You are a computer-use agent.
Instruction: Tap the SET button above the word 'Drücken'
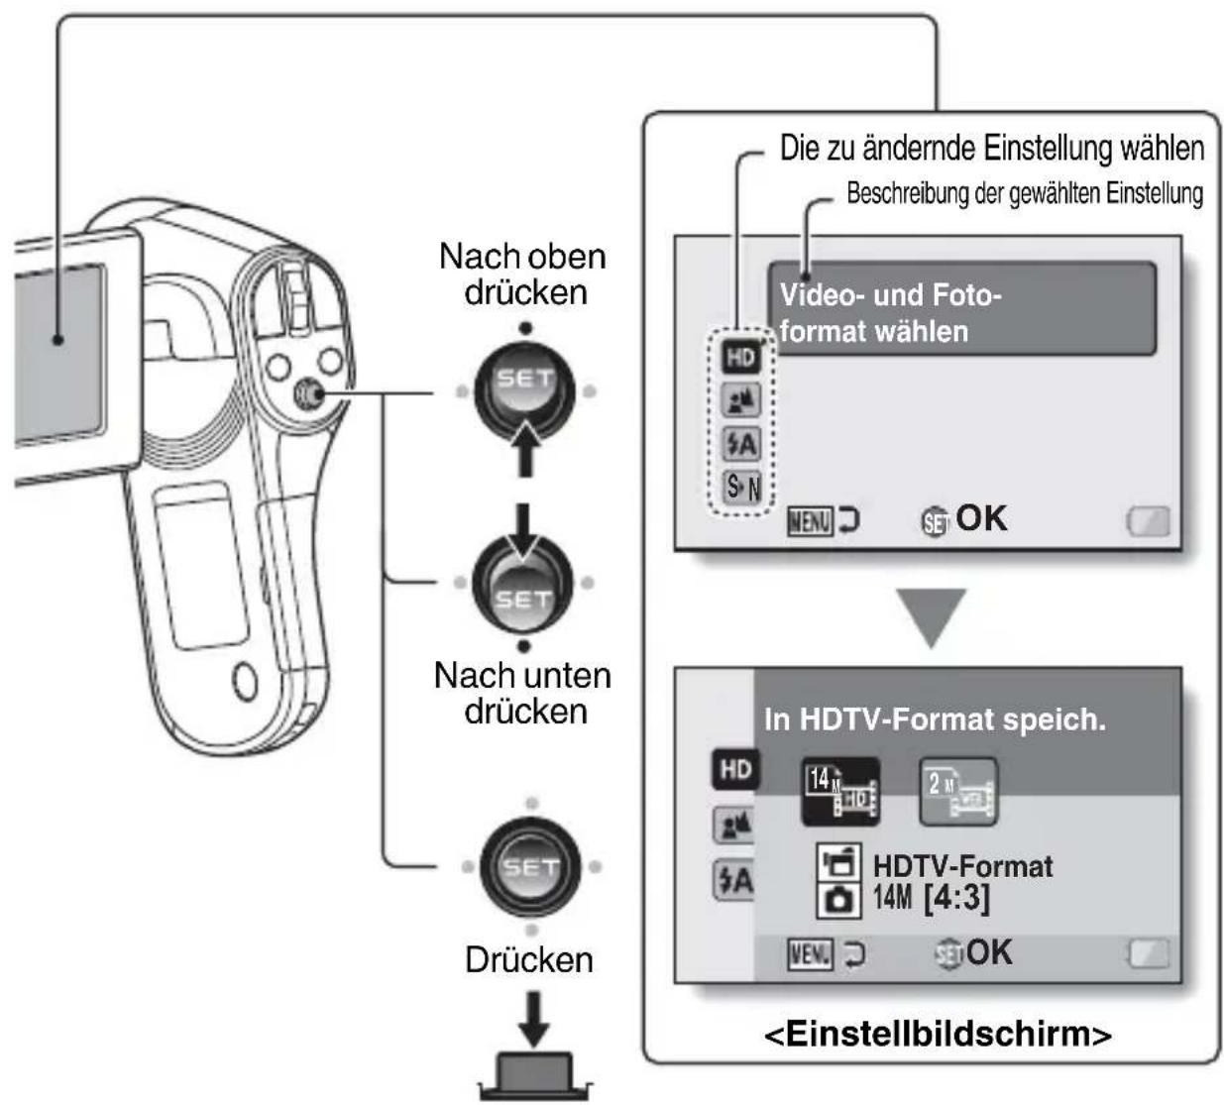530,866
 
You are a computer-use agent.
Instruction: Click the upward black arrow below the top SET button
524,449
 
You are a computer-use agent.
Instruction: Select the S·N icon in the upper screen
742,487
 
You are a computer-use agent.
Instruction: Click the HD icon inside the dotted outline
741,357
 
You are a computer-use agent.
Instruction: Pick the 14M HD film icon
840,792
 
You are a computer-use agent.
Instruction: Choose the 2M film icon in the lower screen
958,792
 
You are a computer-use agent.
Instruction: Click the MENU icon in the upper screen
810,521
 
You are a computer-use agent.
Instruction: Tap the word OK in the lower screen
988,952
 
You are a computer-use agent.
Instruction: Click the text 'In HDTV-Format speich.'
935,719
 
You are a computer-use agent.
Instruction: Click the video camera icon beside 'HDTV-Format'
839,862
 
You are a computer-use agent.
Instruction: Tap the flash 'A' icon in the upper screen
742,444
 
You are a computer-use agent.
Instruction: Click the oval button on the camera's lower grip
245,682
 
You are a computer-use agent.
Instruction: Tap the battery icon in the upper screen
1148,521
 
